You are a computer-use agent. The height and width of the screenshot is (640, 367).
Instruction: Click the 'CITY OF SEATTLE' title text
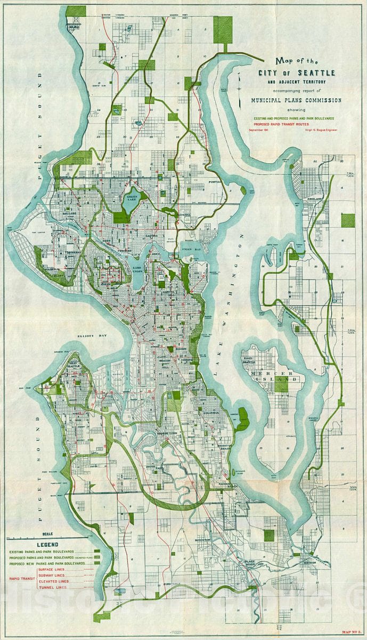pos(296,72)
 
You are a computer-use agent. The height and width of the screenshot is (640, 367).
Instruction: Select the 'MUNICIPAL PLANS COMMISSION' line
pos(296,100)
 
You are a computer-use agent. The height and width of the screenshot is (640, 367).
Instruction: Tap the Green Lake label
pos(130,197)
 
